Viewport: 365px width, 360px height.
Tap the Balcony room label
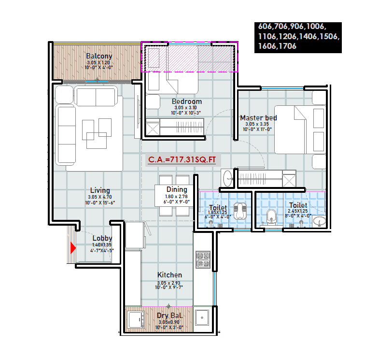(x=99, y=56)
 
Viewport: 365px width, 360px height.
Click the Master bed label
(x=258, y=118)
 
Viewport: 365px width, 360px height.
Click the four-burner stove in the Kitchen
(x=202, y=259)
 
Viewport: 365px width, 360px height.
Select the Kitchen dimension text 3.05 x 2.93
(x=169, y=283)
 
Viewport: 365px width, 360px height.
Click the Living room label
(x=99, y=190)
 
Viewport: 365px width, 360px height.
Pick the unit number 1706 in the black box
(x=286, y=46)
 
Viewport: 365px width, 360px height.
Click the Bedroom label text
(x=187, y=101)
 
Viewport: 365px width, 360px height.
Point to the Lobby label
(x=102, y=238)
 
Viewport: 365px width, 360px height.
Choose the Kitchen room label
(x=169, y=275)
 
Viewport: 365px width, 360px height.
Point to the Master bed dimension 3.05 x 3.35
(x=258, y=124)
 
